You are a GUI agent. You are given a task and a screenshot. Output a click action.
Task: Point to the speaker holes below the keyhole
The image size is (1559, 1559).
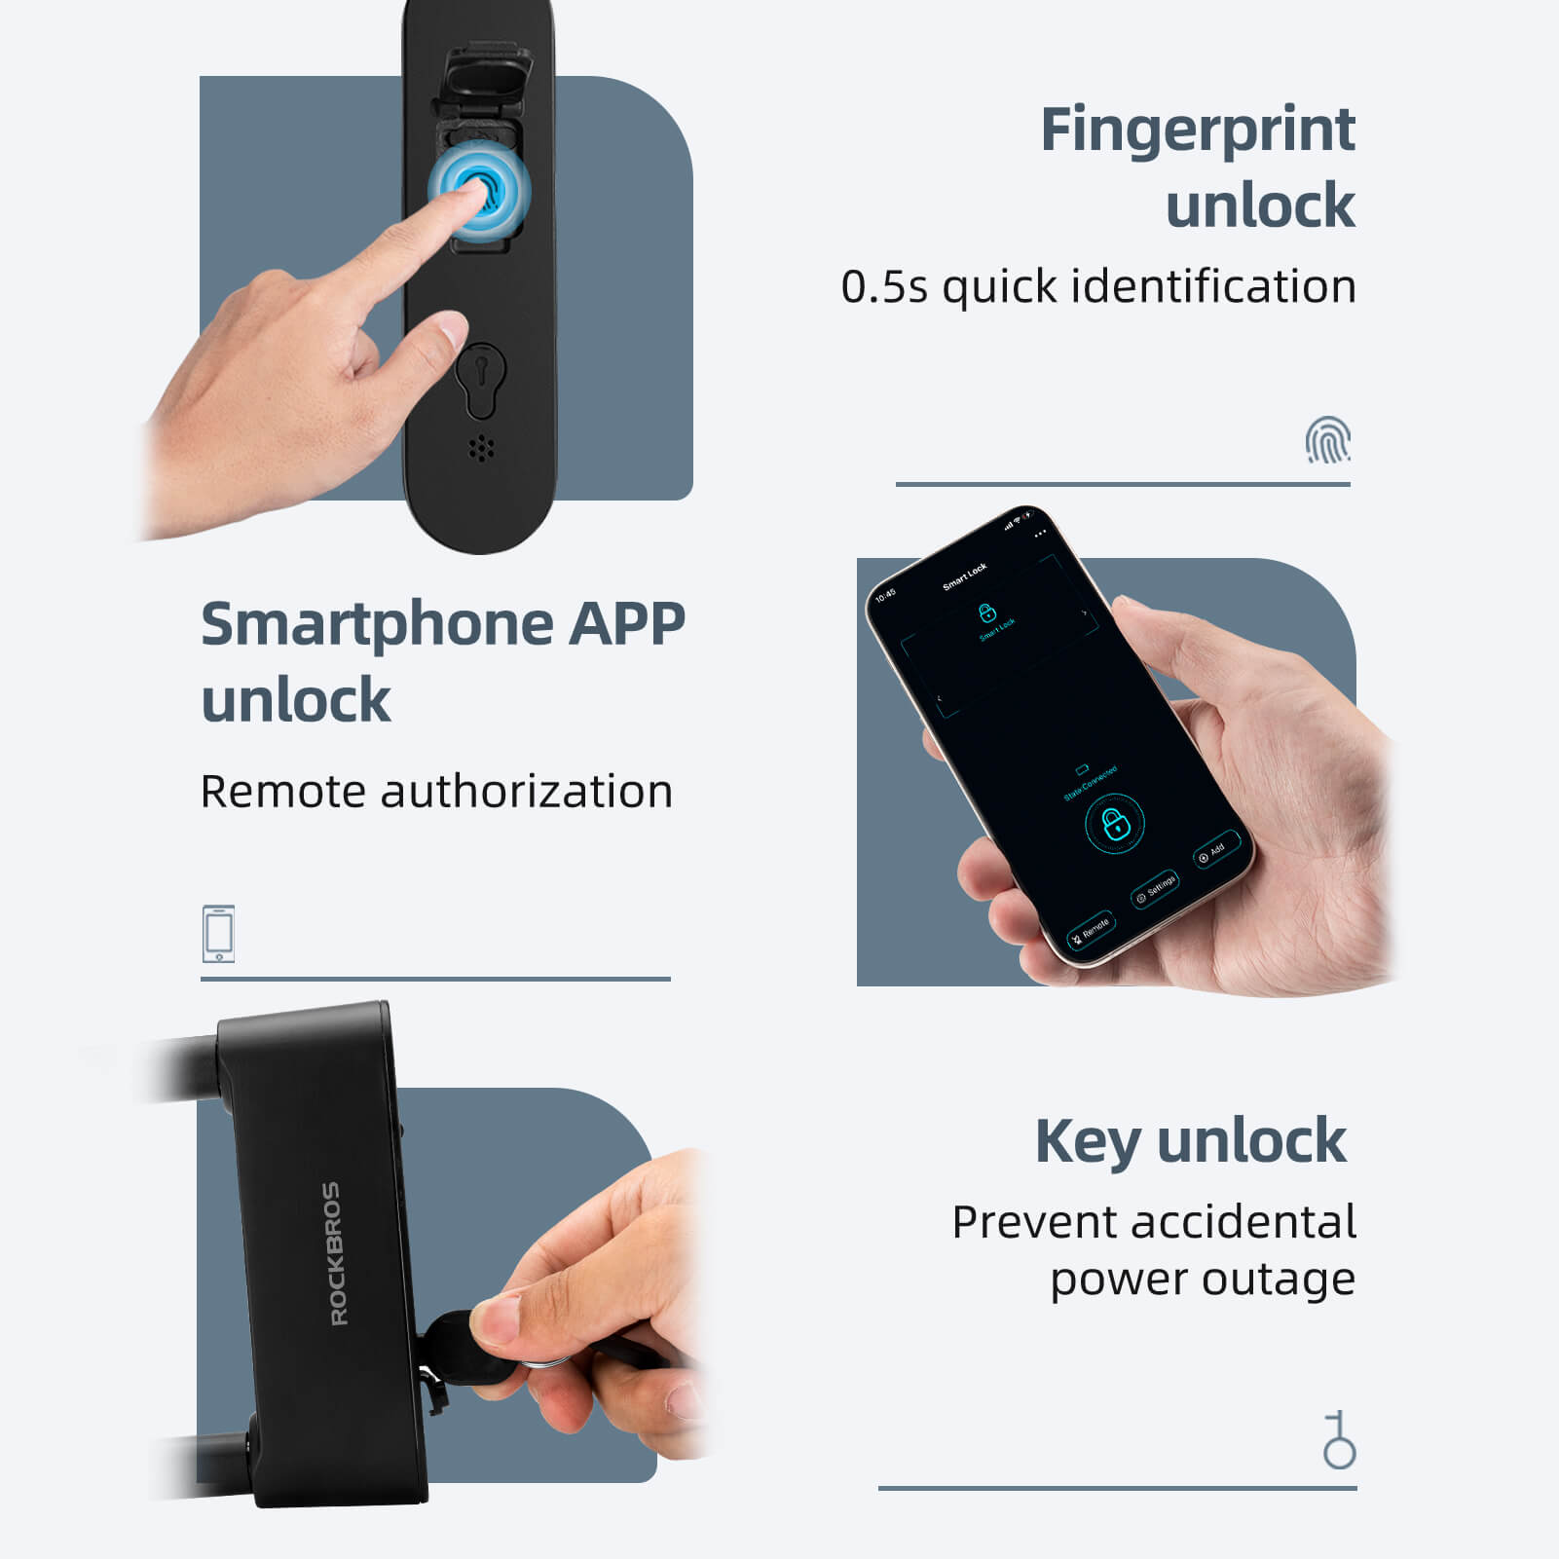coord(481,448)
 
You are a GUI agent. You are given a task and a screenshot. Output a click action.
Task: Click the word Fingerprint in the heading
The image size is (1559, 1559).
coord(1197,130)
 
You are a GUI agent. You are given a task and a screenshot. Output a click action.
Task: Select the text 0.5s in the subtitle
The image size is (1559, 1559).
coord(883,287)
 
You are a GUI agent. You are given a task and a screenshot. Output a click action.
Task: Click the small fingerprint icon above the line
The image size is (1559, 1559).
coord(1327,439)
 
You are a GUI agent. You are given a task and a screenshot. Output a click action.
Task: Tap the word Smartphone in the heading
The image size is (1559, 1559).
coord(378,624)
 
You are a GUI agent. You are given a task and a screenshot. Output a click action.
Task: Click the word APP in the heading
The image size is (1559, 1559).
coord(627,624)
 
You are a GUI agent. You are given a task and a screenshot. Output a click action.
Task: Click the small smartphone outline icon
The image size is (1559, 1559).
coord(218,933)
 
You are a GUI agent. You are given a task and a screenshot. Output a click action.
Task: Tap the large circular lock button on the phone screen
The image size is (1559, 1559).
coord(1114,824)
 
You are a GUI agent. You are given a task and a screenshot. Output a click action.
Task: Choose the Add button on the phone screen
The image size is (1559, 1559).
coord(1216,850)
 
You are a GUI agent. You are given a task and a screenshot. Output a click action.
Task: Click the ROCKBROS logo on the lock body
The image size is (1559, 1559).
coord(333,1253)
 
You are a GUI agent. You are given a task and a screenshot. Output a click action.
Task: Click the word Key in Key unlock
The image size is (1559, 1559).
coord(1088,1141)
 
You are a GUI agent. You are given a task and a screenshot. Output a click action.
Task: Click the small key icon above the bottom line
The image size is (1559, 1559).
coord(1339,1439)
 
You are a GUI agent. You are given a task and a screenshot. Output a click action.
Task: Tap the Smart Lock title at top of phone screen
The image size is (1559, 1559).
coord(964,575)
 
